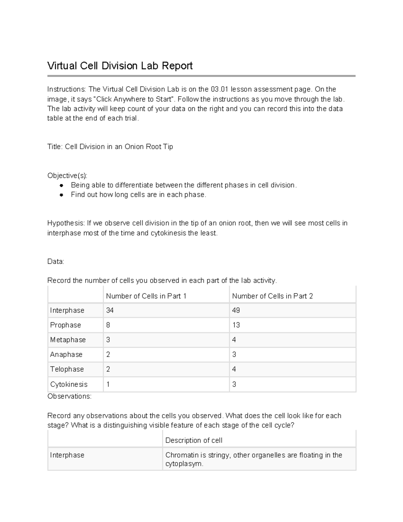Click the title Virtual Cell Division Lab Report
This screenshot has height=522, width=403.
tap(120, 66)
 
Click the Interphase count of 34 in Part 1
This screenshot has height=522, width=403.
tap(110, 310)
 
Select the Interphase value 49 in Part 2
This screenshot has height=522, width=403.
tap(236, 310)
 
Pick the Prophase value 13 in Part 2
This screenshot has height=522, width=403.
tap(236, 325)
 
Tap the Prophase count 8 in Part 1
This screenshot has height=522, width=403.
tap(108, 325)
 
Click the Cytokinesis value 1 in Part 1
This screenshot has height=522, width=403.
tap(108, 384)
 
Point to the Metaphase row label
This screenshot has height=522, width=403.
tap(68, 340)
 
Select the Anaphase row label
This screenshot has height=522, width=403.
tap(66, 355)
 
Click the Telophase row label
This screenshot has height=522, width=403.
tap(67, 369)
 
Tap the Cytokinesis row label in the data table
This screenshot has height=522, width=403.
tap(69, 384)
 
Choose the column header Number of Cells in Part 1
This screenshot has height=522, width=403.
tap(146, 296)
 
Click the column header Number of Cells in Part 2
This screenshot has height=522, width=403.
tap(272, 296)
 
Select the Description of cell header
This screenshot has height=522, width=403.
tap(194, 440)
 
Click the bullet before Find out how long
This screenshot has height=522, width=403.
tap(61, 195)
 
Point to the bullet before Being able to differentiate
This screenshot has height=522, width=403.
tap(61, 185)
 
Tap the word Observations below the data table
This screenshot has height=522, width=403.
tap(69, 396)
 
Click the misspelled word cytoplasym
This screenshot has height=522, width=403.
tap(184, 464)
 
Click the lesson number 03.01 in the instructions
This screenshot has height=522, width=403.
tap(220, 89)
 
